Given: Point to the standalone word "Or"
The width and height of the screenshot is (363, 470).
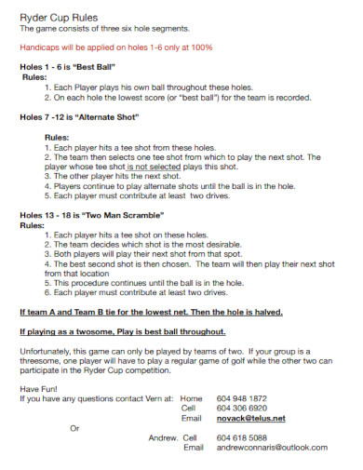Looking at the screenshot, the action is coord(75,428).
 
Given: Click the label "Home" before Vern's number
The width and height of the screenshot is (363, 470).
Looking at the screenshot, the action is coord(191,397).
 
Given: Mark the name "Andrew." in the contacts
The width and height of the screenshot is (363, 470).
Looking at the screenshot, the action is coord(163,437).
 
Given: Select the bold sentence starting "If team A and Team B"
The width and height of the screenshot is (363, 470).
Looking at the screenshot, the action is coord(151,312).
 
